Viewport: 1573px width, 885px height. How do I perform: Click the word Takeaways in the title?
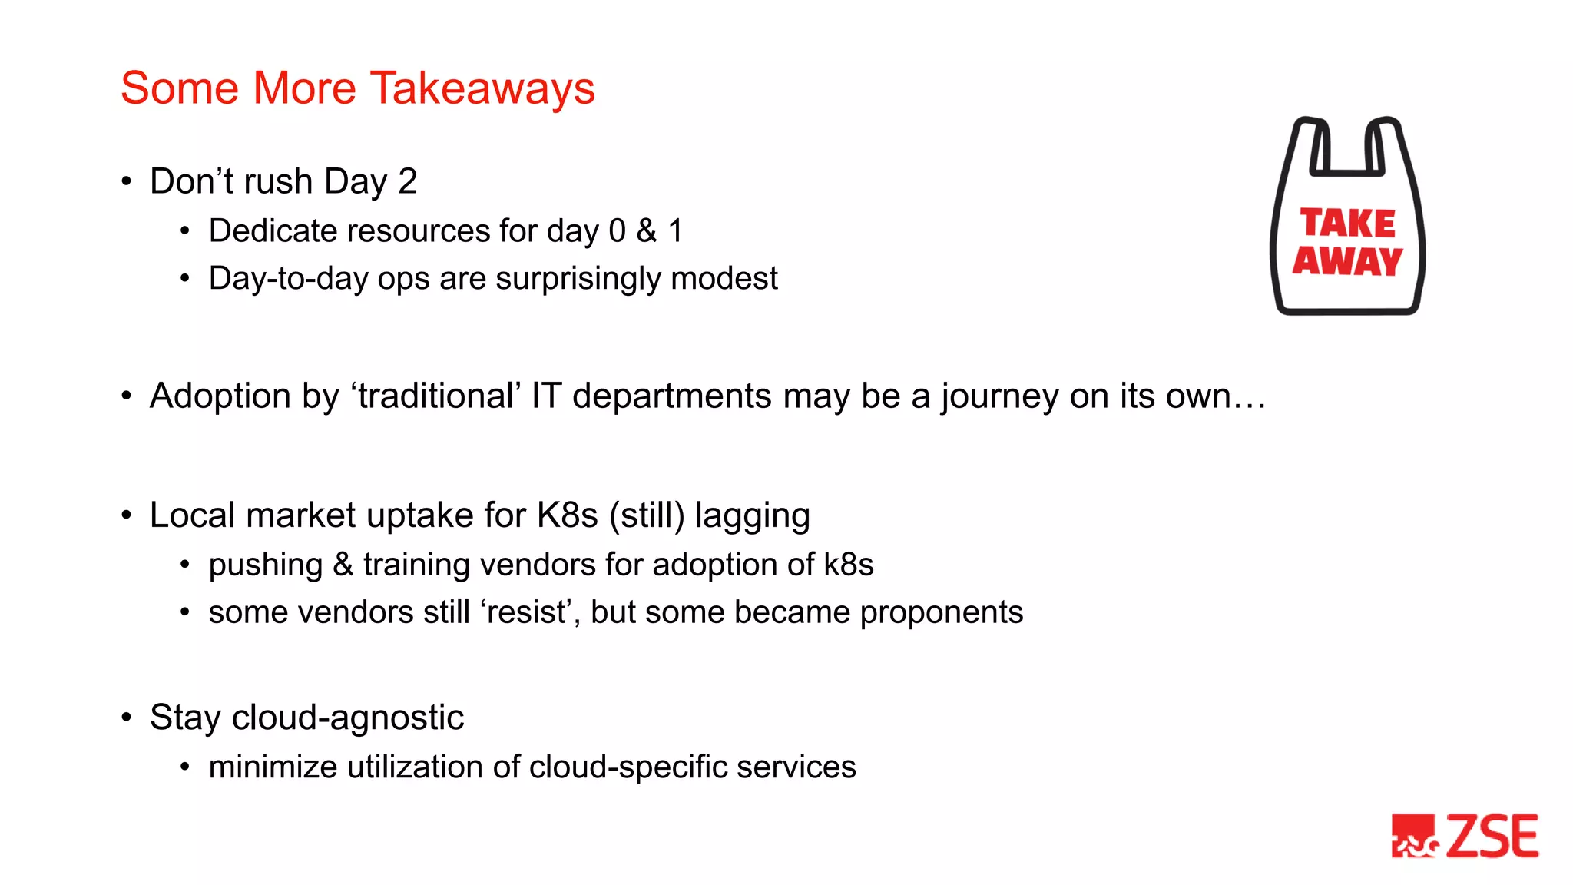click(482, 88)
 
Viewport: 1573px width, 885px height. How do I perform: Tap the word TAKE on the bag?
click(1348, 224)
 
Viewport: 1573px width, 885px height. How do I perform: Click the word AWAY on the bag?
click(1347, 261)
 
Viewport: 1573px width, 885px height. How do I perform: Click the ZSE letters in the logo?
click(1492, 837)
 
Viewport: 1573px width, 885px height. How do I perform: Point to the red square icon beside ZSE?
click(1414, 837)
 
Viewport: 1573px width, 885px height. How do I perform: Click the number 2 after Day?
click(407, 182)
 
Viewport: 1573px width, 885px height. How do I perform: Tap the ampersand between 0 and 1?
click(647, 231)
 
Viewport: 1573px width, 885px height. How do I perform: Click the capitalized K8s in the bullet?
click(567, 515)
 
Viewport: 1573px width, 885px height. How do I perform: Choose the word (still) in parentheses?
click(647, 515)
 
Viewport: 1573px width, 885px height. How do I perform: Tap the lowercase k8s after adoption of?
click(848, 565)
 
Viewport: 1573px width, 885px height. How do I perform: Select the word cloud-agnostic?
click(347, 718)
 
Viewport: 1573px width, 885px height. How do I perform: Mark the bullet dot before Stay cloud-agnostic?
click(127, 718)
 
